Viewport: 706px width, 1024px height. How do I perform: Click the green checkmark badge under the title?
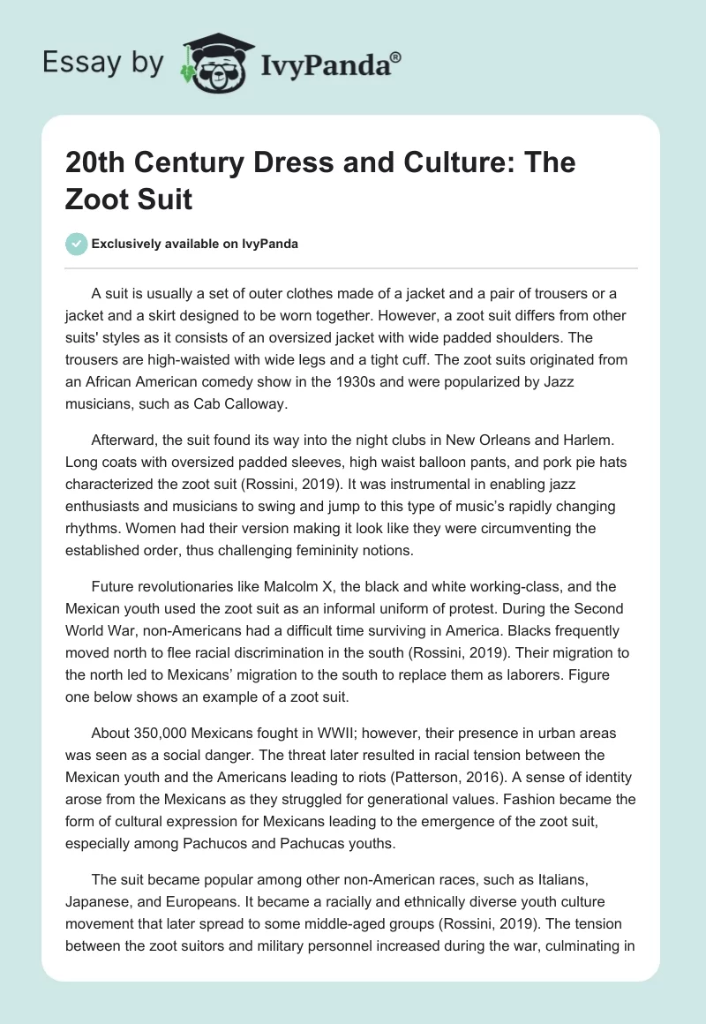(77, 245)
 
